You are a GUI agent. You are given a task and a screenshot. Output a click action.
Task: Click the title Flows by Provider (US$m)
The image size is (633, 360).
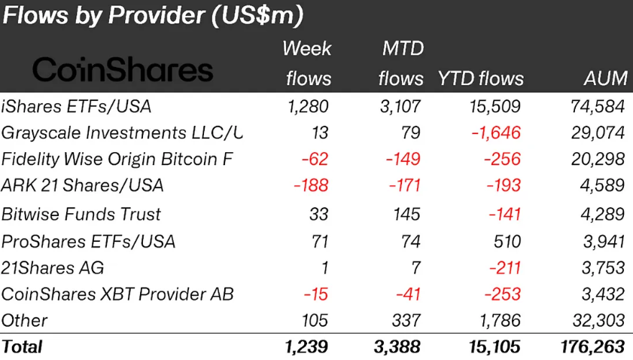tap(154, 15)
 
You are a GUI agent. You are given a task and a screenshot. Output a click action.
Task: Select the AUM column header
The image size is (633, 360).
tap(604, 78)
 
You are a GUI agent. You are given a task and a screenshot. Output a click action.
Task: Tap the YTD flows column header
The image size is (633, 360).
tap(480, 78)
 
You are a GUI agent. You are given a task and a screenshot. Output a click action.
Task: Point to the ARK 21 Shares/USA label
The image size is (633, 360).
tap(82, 186)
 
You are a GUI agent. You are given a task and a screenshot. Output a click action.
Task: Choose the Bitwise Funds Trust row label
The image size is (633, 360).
tap(81, 214)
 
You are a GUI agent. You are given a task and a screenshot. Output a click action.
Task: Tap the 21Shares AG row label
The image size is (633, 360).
tap(53, 267)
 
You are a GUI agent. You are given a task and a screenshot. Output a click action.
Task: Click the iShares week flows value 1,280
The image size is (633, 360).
tap(309, 106)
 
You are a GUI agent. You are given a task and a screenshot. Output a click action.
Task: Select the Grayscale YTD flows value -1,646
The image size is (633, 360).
tap(497, 133)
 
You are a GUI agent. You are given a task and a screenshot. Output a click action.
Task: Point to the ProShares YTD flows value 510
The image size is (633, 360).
tap(506, 241)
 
